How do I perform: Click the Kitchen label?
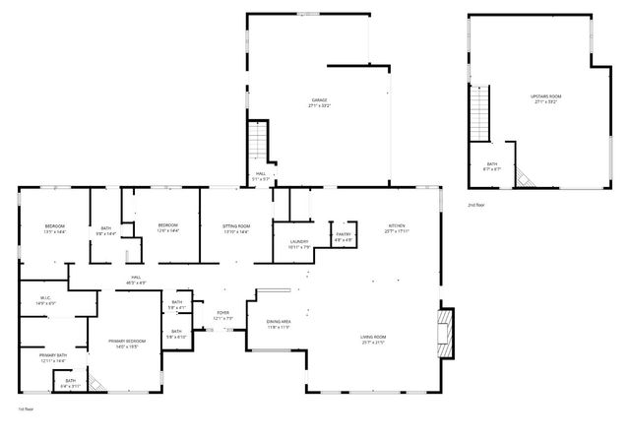point(396,225)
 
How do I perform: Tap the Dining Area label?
point(279,322)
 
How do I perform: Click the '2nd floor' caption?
point(475,206)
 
